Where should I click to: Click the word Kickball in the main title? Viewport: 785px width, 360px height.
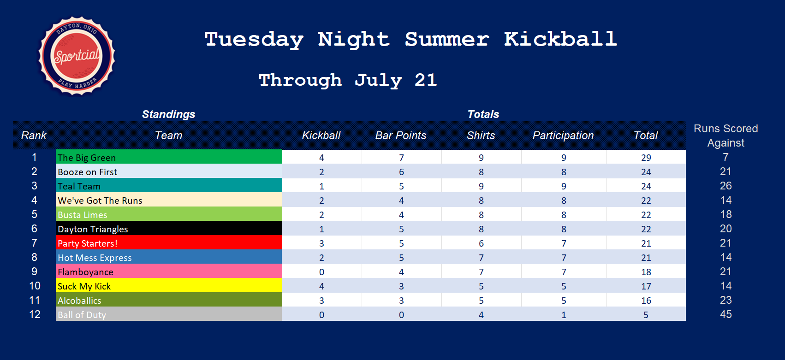(560, 39)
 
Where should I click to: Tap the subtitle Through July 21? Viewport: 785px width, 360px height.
(348, 81)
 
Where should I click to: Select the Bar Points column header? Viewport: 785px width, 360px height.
(400, 136)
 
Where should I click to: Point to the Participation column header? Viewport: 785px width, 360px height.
(563, 136)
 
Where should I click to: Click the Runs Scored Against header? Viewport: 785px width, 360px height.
(726, 136)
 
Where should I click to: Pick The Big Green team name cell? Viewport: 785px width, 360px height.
(169, 157)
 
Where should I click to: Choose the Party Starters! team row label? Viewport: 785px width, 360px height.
(169, 242)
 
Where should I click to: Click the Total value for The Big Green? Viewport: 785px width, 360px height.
(646, 158)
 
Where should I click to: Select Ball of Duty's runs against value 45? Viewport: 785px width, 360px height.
(726, 314)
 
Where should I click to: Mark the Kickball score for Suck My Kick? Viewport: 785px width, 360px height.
(321, 286)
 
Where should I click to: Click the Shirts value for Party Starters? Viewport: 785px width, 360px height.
(481, 243)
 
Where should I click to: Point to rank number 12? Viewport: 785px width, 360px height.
(35, 314)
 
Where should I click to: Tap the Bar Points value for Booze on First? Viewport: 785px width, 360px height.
(401, 172)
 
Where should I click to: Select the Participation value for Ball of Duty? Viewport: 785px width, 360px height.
(564, 315)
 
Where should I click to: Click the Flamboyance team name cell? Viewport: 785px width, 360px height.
(169, 271)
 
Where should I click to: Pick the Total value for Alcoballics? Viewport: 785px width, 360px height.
(646, 301)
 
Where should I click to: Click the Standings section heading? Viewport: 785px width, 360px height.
(168, 114)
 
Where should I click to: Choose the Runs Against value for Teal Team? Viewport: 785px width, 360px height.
(726, 186)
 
